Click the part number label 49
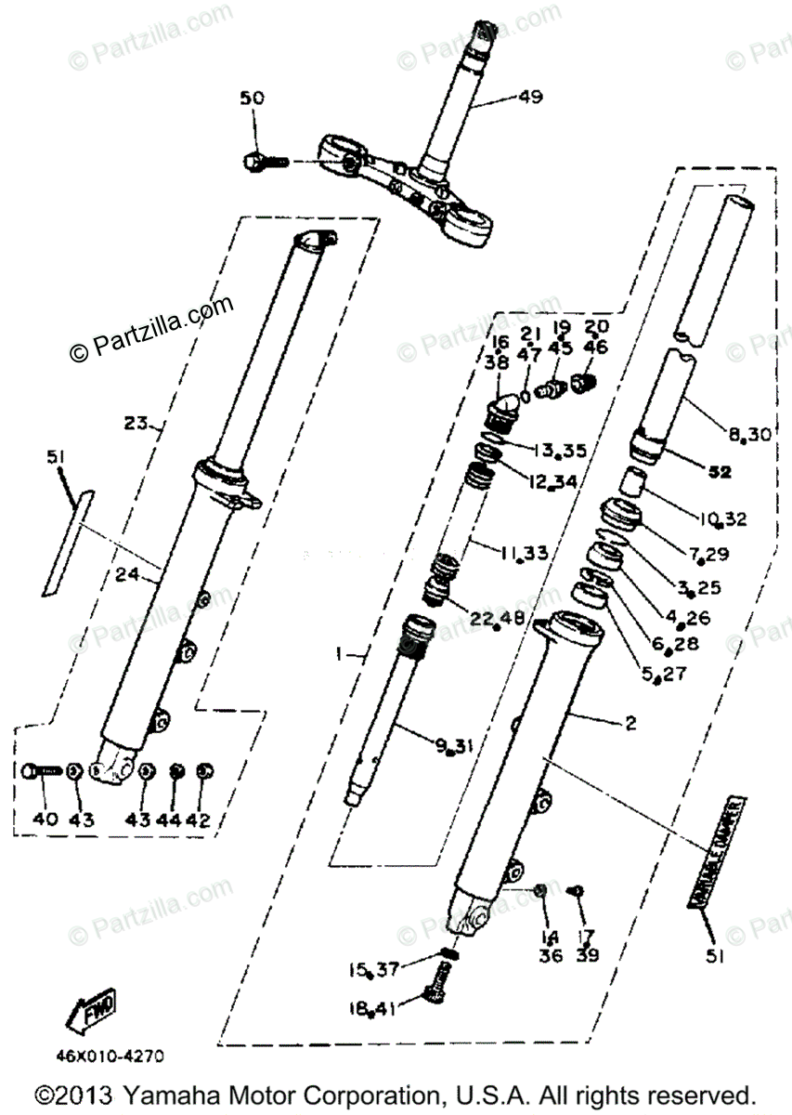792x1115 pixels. tap(530, 97)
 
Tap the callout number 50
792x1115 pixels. tap(252, 98)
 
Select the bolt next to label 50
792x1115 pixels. tap(263, 162)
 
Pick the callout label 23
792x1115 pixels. tap(136, 424)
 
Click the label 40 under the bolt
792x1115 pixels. tap(45, 819)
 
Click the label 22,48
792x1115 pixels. tap(498, 618)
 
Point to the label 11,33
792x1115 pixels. tap(523, 553)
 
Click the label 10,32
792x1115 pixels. tap(725, 518)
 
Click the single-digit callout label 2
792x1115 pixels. tap(630, 724)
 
